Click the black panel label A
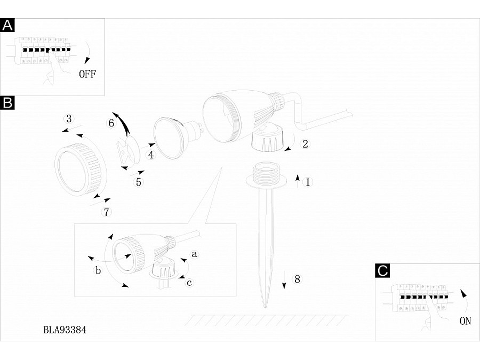(x=7, y=25)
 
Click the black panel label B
(x=7, y=102)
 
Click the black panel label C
(x=382, y=270)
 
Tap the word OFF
(x=87, y=74)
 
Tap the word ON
(x=465, y=321)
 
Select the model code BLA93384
(x=65, y=330)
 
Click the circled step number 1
(x=308, y=182)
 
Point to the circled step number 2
(x=305, y=144)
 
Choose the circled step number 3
(x=69, y=119)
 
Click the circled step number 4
(x=150, y=155)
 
